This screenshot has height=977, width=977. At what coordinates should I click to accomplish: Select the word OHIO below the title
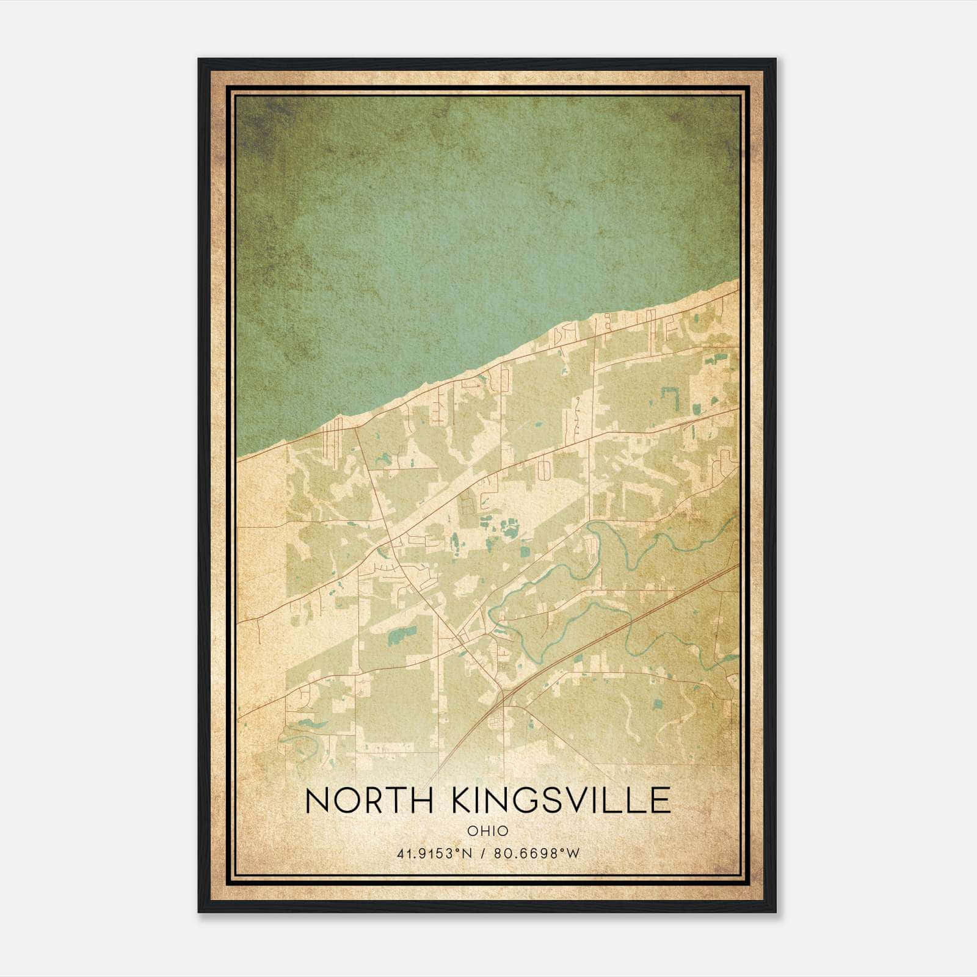488,830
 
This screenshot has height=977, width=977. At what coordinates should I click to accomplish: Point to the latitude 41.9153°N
434,854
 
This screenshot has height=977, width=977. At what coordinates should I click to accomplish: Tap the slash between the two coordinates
483,854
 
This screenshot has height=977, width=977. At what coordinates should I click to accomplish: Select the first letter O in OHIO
473,830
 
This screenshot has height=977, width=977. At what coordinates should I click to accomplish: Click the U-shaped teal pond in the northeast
672,396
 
